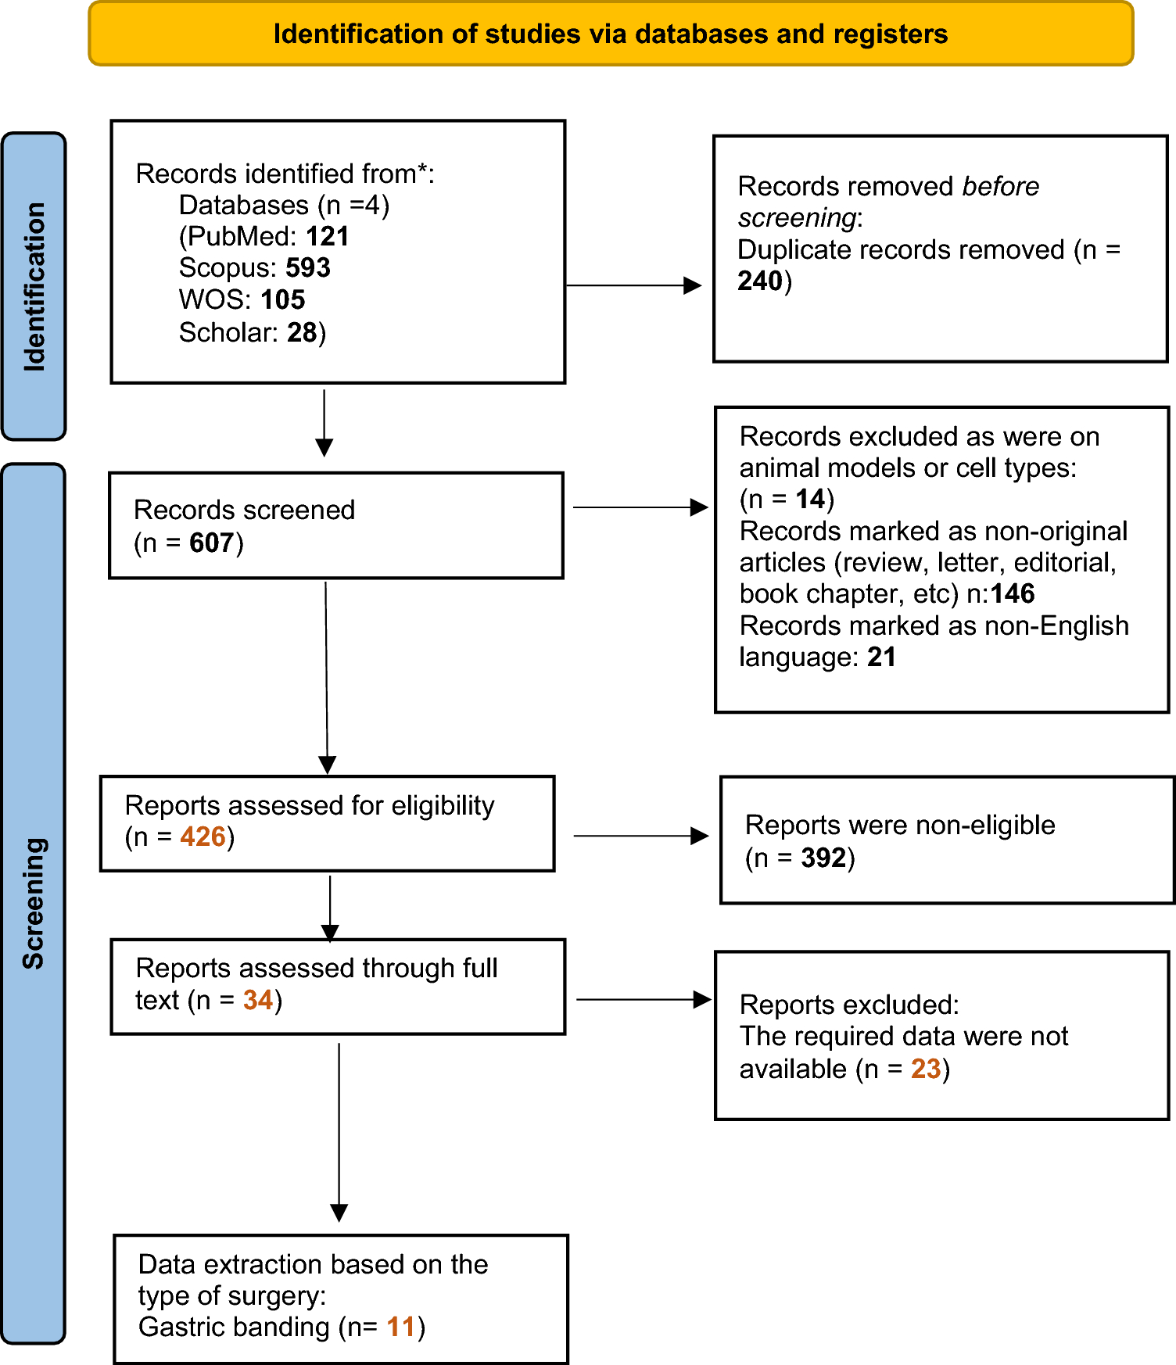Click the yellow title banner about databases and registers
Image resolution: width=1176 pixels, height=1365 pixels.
(610, 34)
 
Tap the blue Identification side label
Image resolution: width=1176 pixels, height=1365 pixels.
(34, 286)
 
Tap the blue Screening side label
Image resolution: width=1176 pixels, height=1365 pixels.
(34, 903)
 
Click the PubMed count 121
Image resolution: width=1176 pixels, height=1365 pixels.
(327, 236)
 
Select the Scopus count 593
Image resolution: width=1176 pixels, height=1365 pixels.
(307, 268)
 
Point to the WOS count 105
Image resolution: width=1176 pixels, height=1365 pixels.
(282, 299)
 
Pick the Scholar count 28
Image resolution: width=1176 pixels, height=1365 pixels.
(301, 332)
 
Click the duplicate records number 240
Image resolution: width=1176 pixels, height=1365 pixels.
(759, 281)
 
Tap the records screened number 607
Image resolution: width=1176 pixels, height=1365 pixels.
(211, 543)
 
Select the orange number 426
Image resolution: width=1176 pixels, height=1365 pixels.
(203, 837)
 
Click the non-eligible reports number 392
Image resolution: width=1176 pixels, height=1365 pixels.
(823, 858)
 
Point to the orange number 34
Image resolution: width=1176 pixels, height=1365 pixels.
(257, 1000)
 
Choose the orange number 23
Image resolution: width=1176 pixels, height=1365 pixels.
(926, 1069)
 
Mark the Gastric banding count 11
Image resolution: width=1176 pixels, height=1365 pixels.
(400, 1327)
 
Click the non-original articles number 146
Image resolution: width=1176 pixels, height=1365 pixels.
(1012, 594)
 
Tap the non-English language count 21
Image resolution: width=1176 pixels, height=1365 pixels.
(881, 657)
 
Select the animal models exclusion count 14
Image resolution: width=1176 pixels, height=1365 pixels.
(810, 499)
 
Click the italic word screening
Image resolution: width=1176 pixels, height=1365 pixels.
(797, 217)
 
